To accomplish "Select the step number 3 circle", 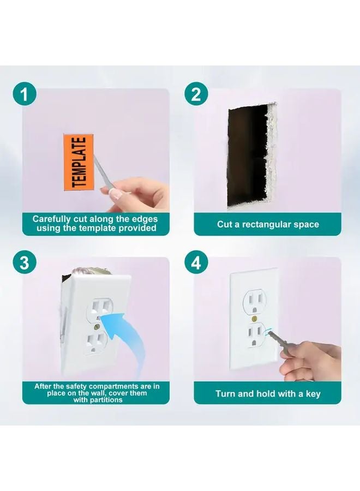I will click(x=23, y=262).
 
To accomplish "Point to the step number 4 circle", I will click(x=195, y=262).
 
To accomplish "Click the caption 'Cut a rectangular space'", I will click(x=268, y=224).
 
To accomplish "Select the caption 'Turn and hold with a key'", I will click(x=268, y=393).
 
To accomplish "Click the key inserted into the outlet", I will click(x=275, y=338).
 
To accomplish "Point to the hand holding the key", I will click(x=308, y=363).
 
